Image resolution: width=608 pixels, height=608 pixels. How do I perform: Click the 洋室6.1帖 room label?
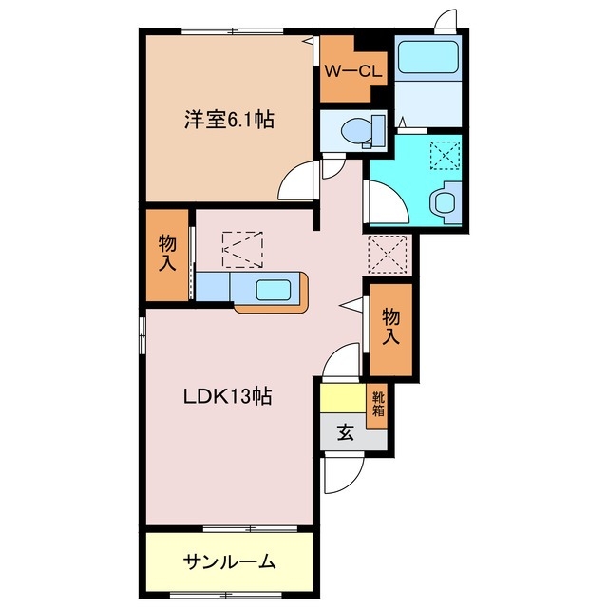click(x=229, y=121)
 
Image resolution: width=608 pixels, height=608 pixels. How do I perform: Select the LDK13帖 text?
click(x=228, y=397)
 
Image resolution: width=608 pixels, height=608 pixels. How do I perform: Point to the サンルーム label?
click(x=229, y=561)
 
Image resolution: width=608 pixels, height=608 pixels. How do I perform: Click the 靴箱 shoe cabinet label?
click(x=378, y=405)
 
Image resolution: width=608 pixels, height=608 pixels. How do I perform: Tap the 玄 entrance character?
click(x=345, y=433)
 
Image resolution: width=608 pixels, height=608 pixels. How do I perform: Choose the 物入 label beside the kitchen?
click(x=167, y=255)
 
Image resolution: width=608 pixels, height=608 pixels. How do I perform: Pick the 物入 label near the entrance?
click(x=390, y=327)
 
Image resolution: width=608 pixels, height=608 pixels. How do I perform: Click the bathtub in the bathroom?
click(x=427, y=58)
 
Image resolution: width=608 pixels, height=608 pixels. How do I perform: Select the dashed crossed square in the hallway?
click(x=387, y=254)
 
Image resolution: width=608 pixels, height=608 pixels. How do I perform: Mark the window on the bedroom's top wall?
click(x=229, y=31)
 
